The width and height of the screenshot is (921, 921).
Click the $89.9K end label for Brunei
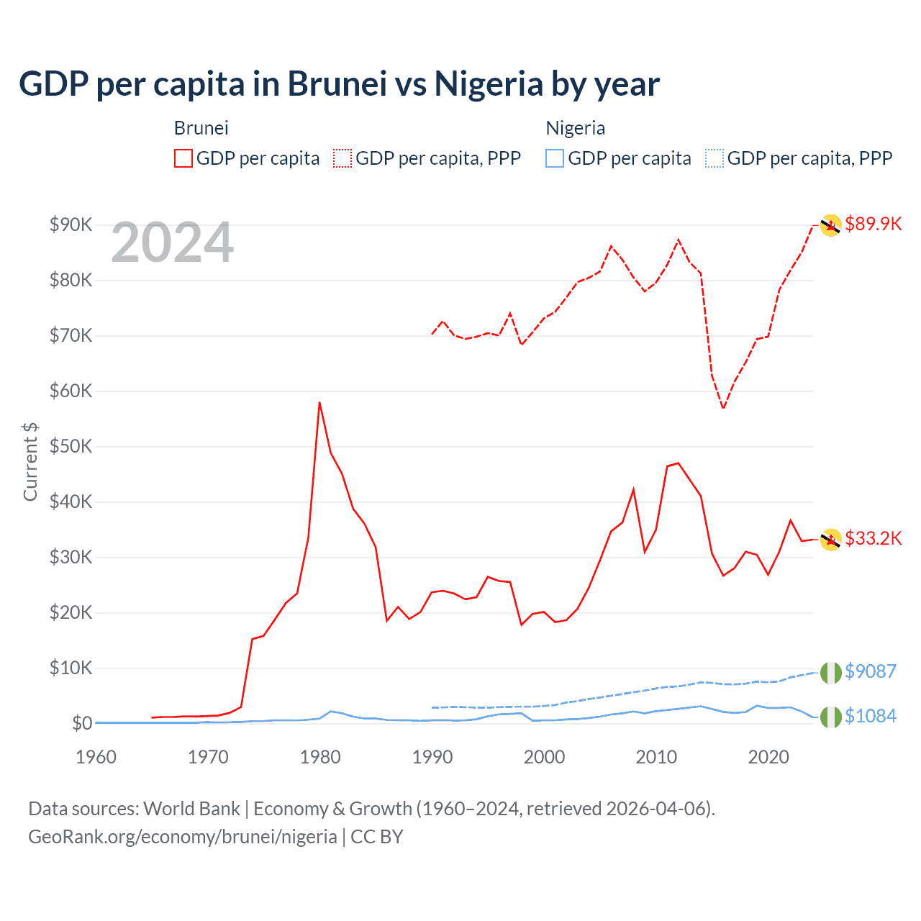(x=873, y=224)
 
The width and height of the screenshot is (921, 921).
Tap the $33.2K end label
(x=873, y=538)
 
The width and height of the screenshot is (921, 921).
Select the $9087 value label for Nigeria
(x=870, y=671)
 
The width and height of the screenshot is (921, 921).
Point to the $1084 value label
(x=870, y=716)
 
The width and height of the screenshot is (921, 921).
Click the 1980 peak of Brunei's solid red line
(x=319, y=403)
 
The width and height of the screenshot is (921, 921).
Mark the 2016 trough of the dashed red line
(x=723, y=408)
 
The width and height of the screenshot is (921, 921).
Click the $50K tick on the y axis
(x=71, y=446)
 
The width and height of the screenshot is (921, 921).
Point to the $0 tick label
(x=81, y=723)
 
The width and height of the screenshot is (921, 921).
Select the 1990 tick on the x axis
(x=432, y=757)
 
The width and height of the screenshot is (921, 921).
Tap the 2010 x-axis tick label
(x=656, y=757)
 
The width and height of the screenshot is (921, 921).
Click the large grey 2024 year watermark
(x=173, y=243)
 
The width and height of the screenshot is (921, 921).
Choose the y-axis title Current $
(x=30, y=462)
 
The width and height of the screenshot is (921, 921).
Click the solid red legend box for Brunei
(x=183, y=158)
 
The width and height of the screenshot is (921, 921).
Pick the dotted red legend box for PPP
(x=342, y=158)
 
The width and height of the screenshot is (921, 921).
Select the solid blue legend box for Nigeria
(x=555, y=158)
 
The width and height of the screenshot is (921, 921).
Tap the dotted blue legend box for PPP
(x=714, y=158)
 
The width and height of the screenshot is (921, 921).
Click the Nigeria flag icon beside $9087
(x=830, y=672)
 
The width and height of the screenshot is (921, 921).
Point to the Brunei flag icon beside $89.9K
(x=830, y=225)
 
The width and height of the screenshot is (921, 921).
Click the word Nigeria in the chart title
(x=489, y=84)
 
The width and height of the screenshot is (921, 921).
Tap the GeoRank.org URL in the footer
(x=183, y=837)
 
